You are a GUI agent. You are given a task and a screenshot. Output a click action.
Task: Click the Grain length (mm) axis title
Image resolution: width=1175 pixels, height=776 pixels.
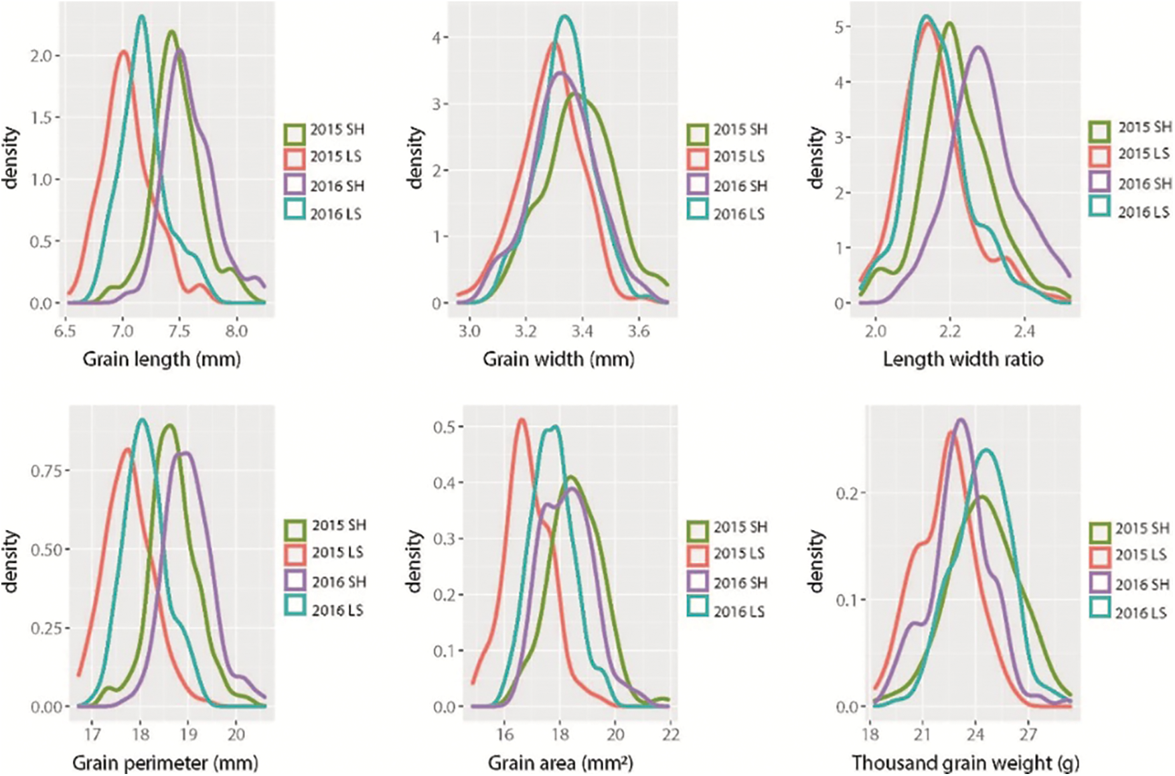(161, 359)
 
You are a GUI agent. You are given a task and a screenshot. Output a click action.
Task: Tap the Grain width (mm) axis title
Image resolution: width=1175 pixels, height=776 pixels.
(558, 359)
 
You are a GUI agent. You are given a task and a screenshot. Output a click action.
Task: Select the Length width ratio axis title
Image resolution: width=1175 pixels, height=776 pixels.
(963, 359)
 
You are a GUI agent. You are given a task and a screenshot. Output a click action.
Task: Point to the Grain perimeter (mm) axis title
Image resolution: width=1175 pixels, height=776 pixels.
(165, 763)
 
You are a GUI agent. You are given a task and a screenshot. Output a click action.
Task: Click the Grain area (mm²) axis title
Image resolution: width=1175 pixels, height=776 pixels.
(560, 763)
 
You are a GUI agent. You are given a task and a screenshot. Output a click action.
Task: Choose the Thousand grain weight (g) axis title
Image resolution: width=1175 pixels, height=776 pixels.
(965, 763)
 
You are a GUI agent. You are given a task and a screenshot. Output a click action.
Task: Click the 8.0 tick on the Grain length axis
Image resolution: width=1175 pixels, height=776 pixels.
(236, 331)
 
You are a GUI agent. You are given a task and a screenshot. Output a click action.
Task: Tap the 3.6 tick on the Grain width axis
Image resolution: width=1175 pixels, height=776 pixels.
(639, 331)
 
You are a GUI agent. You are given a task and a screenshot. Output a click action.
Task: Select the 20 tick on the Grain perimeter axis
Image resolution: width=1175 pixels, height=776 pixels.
(236, 734)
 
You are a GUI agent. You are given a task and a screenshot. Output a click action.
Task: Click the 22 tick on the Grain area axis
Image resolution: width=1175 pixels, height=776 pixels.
(671, 734)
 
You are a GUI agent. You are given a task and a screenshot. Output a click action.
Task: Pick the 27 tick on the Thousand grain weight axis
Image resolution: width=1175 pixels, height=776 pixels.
(1028, 734)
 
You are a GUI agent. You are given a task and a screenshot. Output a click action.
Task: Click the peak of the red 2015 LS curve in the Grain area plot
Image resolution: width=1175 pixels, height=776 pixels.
(522, 420)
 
